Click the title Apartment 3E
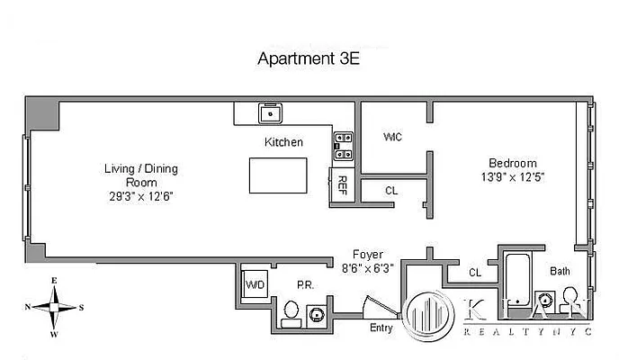pos(309,60)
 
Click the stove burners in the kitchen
pos(343,140)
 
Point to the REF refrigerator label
pos(342,184)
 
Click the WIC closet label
pos(392,137)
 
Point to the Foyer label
pos(365,254)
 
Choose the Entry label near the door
pos(381,328)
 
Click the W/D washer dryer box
pos(254,286)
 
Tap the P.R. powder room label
pos(306,285)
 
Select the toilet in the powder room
pos(291,311)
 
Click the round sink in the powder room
pos(318,313)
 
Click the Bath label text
pos(560,270)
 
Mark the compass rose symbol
pos(54,306)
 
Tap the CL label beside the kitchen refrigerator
pos(391,191)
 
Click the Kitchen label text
pos(283,142)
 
